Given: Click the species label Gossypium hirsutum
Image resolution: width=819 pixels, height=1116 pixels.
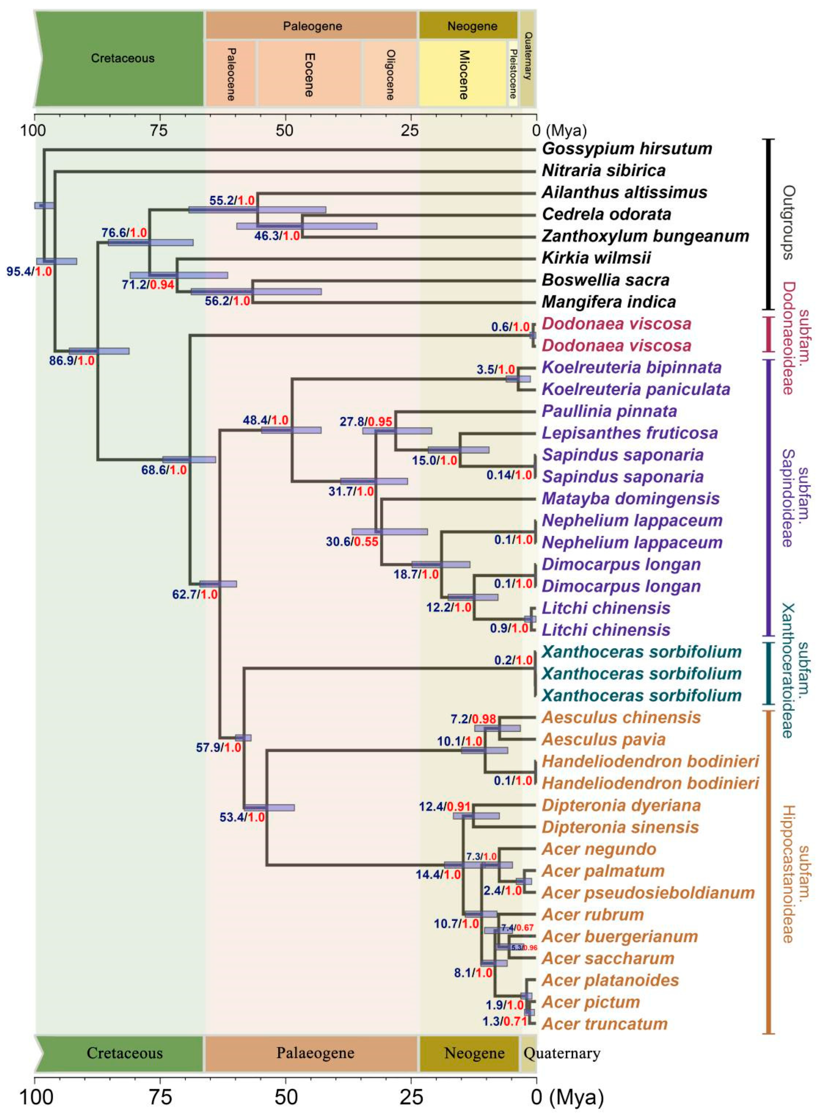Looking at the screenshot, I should pos(627,148).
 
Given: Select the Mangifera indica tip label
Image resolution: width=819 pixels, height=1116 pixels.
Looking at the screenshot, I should pos(609,302).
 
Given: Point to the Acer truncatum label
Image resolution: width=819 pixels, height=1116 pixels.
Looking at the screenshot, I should pos(605,1024).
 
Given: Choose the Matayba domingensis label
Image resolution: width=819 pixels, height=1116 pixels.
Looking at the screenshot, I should pos(631,499).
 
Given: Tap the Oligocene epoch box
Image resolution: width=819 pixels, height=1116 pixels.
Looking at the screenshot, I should pos(390,73).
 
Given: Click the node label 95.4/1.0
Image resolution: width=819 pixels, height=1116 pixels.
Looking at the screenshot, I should pos(29,271).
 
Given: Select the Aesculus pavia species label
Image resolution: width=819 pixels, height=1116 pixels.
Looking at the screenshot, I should pos(603,739).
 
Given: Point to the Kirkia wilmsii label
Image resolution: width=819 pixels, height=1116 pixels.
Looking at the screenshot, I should pos(596,258).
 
